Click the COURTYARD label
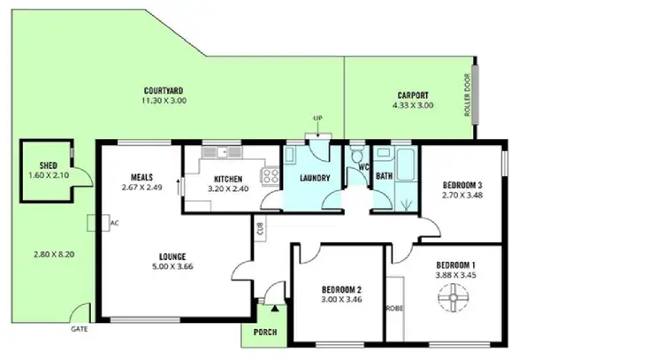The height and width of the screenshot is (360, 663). click(162, 90)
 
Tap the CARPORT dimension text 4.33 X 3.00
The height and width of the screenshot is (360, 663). click(413, 105)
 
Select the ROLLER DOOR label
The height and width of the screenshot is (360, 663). click(467, 96)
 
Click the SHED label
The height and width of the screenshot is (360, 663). click(48, 165)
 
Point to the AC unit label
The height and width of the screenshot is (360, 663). click(114, 223)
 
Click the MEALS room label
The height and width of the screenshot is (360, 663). click(142, 175)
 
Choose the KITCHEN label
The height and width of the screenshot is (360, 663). click(228, 178)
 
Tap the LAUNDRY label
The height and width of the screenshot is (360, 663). click(315, 178)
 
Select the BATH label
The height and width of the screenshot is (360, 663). click(384, 176)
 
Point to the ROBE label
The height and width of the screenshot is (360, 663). click(394, 309)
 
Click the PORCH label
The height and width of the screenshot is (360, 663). click(264, 333)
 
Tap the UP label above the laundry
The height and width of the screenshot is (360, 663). click(317, 118)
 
